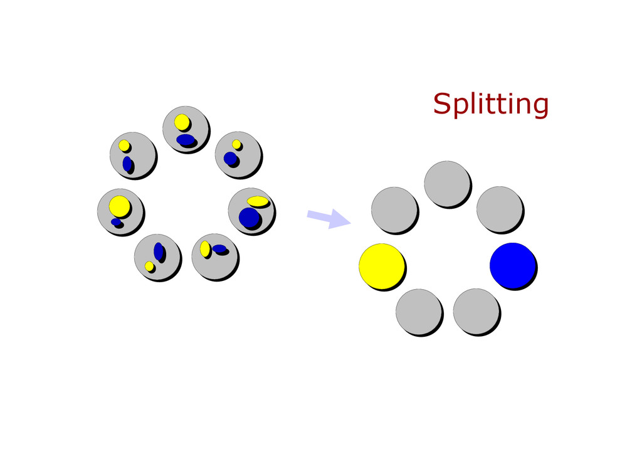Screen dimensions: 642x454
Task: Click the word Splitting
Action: (x=490, y=104)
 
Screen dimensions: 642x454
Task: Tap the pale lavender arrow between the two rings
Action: (x=329, y=218)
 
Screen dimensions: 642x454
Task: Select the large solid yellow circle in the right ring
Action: (x=381, y=266)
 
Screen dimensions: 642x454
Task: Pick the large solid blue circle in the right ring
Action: (x=512, y=265)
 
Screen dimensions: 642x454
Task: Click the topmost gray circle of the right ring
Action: (x=446, y=184)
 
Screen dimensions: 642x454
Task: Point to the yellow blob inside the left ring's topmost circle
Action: (x=181, y=121)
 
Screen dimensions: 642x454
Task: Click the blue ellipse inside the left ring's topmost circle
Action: (x=186, y=140)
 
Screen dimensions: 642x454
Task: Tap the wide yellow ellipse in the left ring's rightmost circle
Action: (x=257, y=201)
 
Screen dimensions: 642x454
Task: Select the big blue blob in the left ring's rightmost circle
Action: (x=249, y=218)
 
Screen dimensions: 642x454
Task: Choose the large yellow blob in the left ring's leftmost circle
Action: (x=118, y=205)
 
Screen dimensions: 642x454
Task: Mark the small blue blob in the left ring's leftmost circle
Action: (x=116, y=222)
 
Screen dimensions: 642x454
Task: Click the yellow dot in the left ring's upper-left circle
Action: (x=124, y=145)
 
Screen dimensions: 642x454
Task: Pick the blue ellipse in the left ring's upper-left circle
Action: (x=127, y=164)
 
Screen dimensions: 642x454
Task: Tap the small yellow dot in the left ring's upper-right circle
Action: (x=236, y=144)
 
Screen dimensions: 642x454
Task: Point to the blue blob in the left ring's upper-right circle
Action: (x=231, y=159)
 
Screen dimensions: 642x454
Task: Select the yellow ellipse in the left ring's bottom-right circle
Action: (x=205, y=248)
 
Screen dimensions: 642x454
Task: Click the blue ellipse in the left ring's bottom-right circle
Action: (x=219, y=249)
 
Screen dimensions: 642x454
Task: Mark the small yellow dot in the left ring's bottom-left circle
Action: (x=149, y=267)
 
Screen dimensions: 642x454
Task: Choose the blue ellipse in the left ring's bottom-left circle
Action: (x=159, y=251)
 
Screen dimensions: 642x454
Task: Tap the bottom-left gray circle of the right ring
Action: (x=419, y=312)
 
